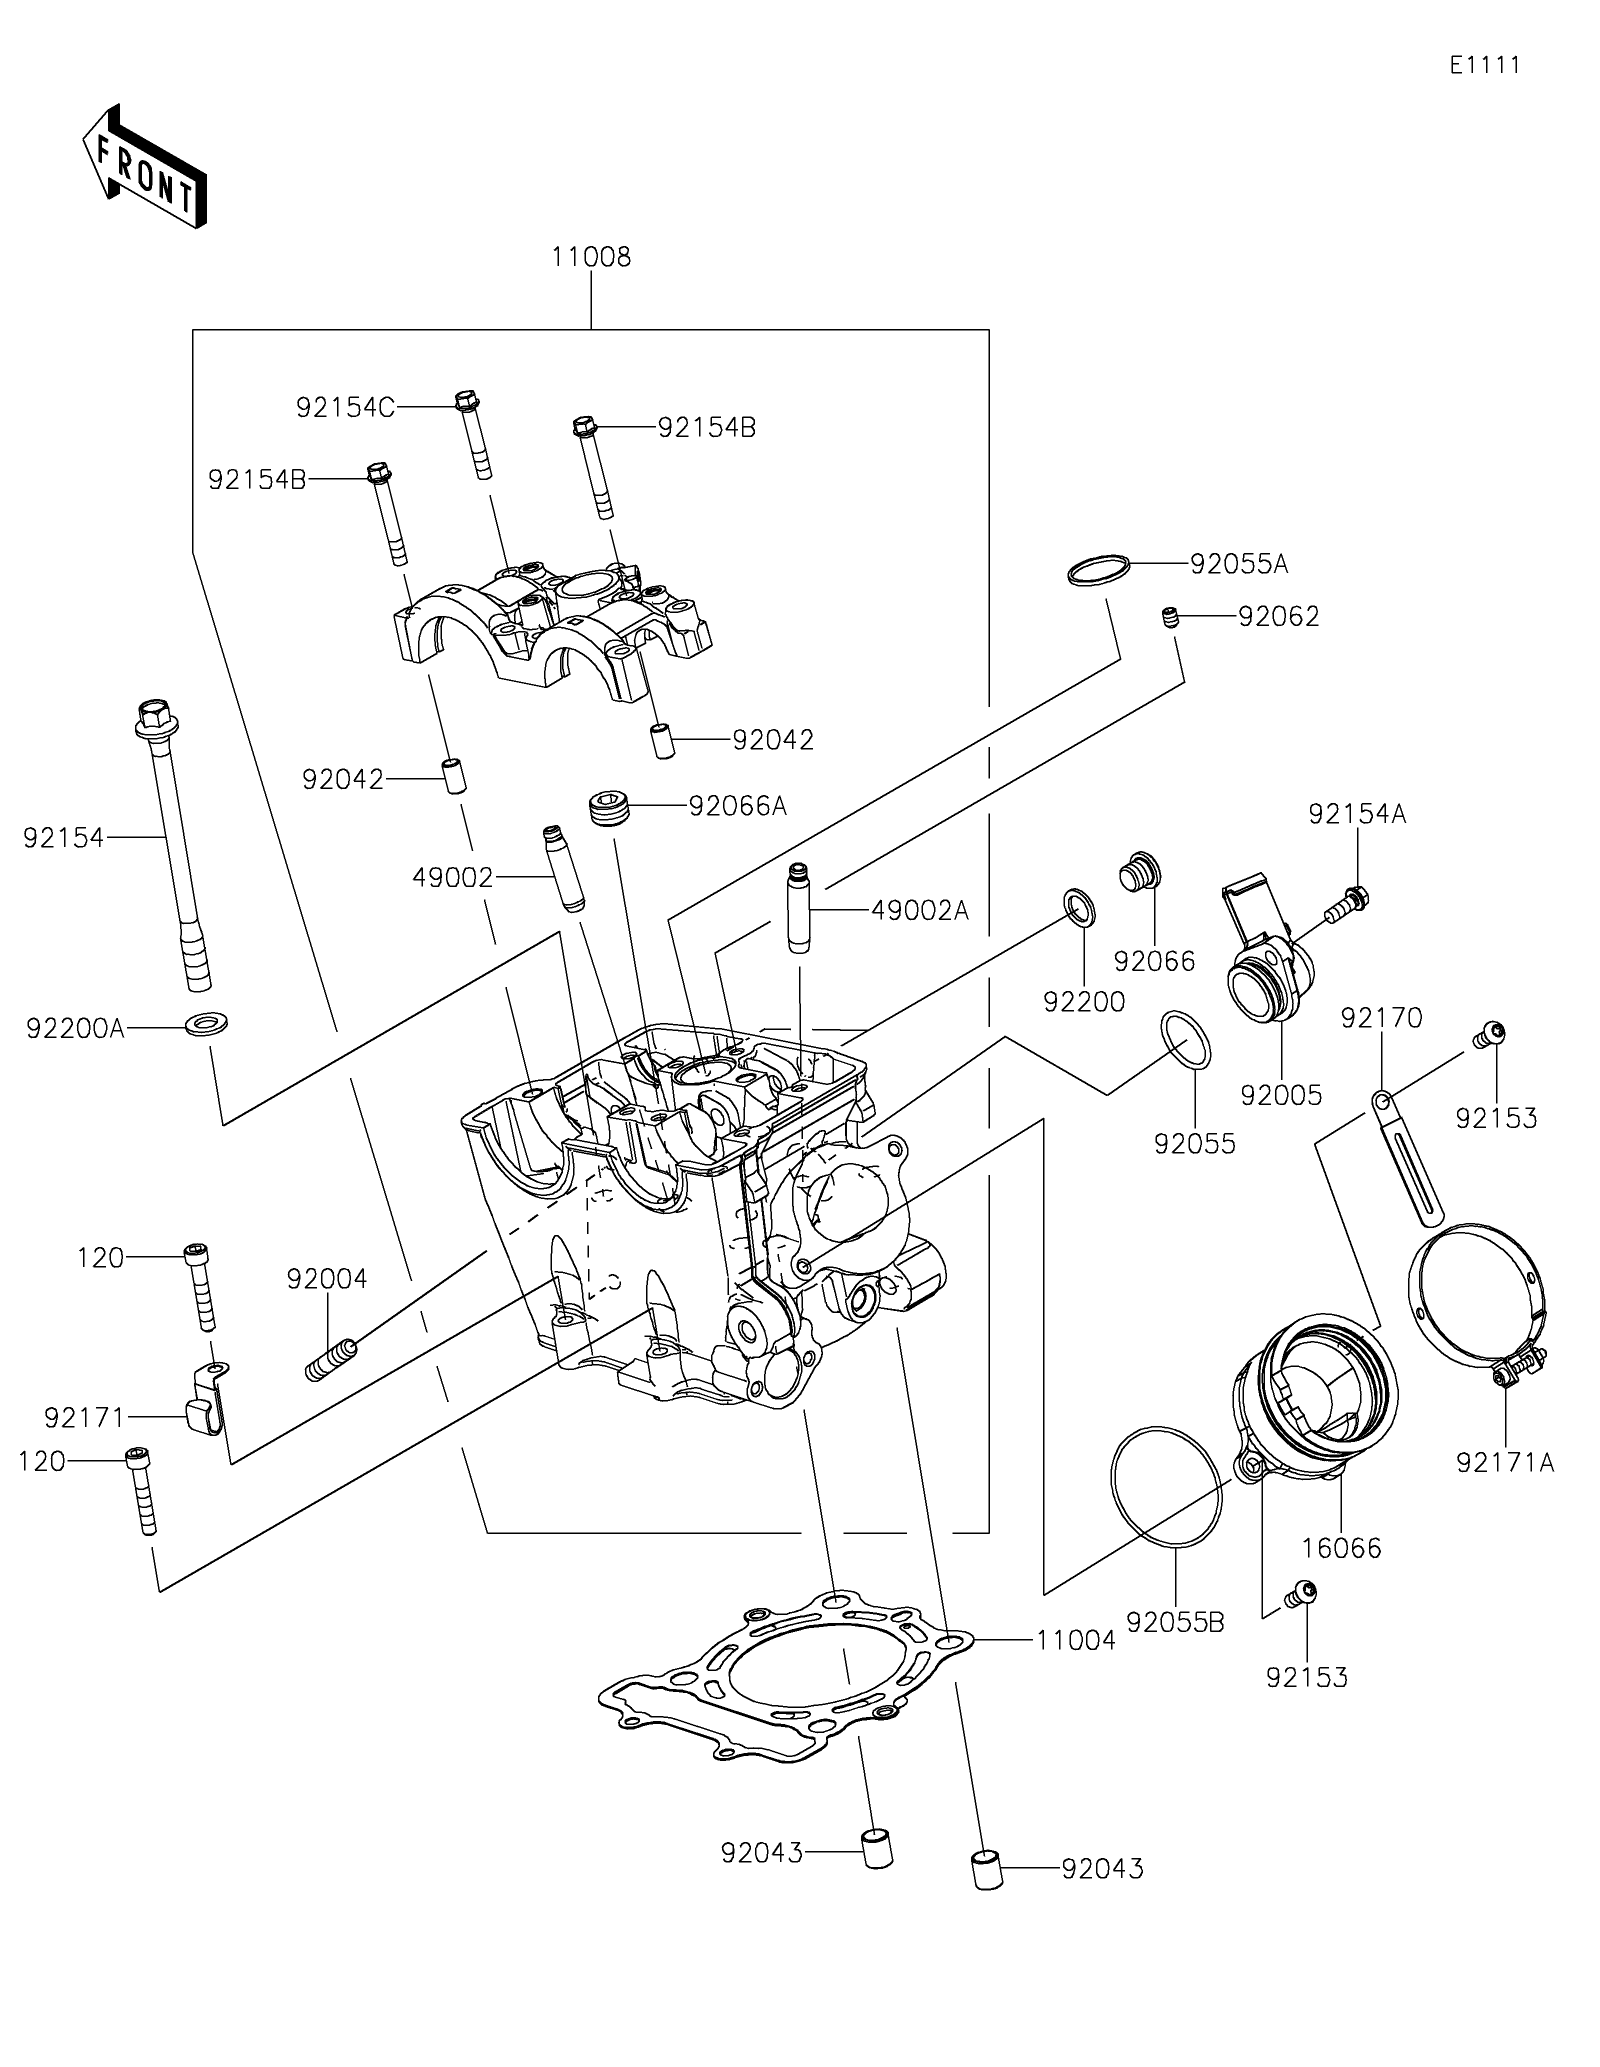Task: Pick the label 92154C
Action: [x=344, y=407]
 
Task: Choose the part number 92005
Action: [x=1281, y=1095]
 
